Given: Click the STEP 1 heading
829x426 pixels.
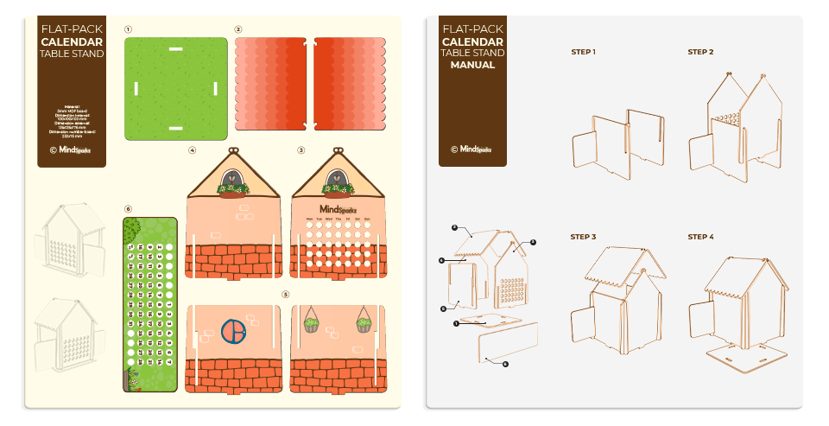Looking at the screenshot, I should pos(583,52).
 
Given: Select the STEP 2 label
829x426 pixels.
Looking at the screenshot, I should pos(700,52).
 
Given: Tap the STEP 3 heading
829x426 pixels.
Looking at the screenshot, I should pos(583,237).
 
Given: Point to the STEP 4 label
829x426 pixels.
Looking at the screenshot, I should pos(700,237).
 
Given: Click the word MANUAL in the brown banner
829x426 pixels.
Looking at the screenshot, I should pos(472,65).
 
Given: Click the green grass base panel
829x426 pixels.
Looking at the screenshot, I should pos(175,88).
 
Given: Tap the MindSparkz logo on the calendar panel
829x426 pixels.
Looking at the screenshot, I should pos(336,209).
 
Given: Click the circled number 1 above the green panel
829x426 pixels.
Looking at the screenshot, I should pos(128,29).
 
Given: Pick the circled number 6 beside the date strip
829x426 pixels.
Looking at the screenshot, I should pos(128,208).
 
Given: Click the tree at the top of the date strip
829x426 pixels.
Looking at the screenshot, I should pos(132,231).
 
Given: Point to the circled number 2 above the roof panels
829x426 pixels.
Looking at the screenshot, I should pos(238,29).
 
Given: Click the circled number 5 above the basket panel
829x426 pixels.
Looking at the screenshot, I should pos(285,294).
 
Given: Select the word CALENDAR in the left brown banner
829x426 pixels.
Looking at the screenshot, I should pos(72,41).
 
